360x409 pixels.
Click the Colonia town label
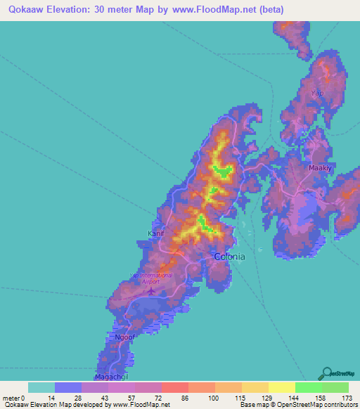click(x=230, y=257)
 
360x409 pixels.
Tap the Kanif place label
click(x=156, y=233)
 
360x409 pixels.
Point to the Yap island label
click(x=316, y=92)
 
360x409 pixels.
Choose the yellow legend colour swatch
click(x=282, y=387)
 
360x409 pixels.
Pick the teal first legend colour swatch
click(x=41, y=387)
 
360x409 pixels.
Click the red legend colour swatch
click(x=174, y=387)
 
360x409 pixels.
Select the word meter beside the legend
click(x=12, y=398)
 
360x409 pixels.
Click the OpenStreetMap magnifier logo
click(x=328, y=374)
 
